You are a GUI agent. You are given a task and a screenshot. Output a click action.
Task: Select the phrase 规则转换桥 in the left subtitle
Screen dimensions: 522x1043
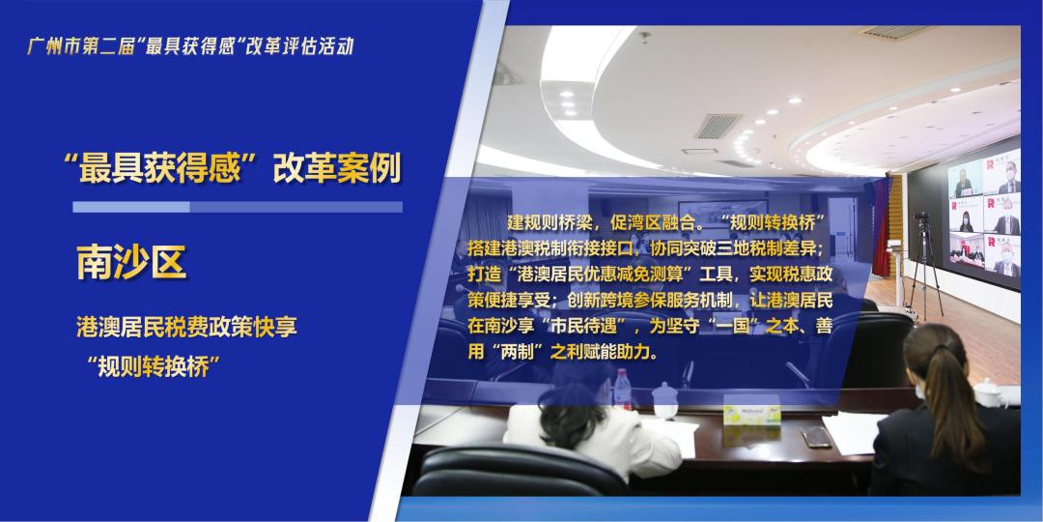tap(147, 367)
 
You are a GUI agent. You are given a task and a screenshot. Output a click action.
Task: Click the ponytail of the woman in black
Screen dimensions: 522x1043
tap(951, 387)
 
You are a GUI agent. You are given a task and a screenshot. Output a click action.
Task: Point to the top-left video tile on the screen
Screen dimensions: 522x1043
tap(966, 180)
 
